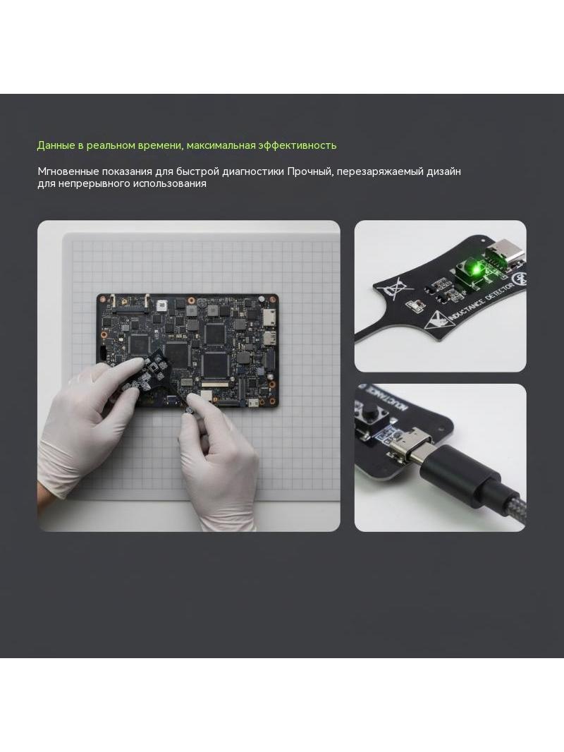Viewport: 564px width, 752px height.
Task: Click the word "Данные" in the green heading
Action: (x=54, y=145)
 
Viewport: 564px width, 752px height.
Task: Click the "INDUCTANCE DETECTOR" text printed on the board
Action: (x=480, y=302)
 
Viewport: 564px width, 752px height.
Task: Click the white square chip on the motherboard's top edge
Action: (x=161, y=306)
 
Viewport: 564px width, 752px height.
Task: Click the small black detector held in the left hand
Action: (x=145, y=373)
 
